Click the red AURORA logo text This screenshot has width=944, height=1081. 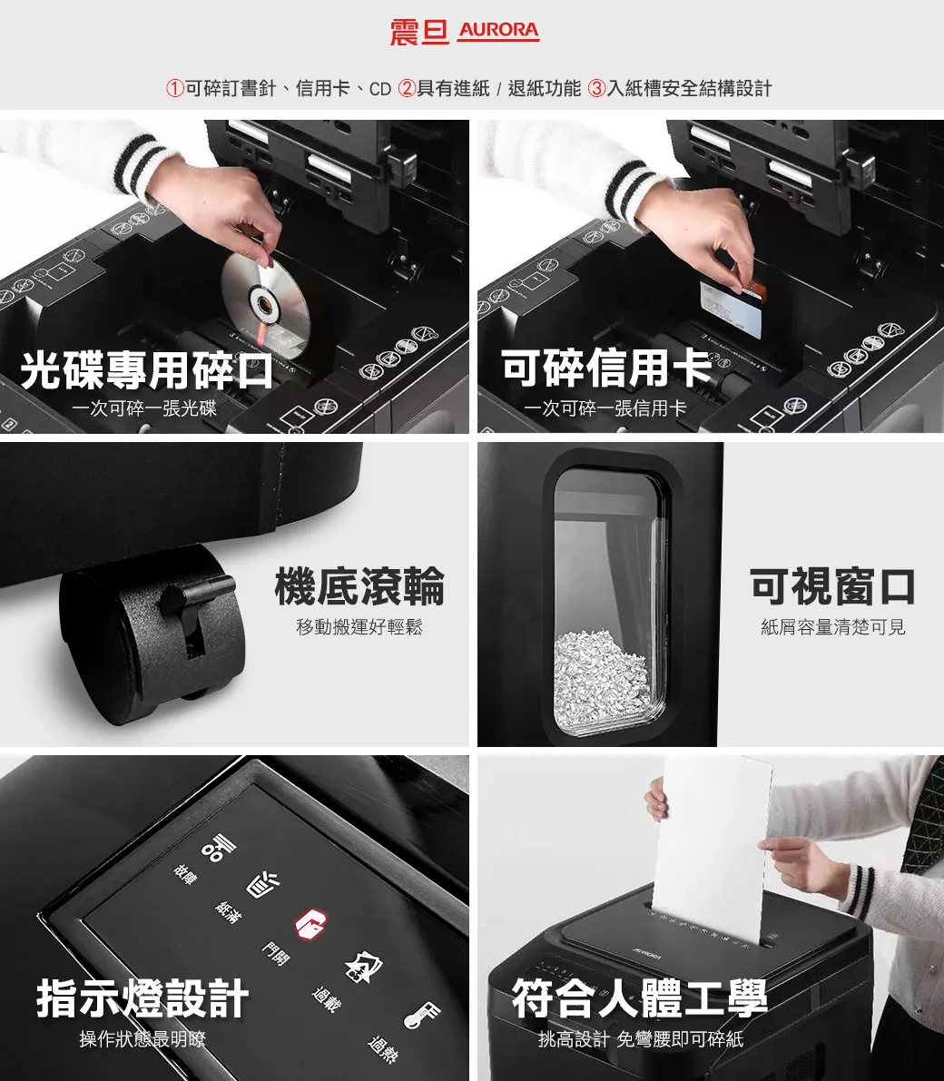point(498,31)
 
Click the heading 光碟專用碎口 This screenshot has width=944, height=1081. point(147,369)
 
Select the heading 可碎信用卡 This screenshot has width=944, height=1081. point(606,367)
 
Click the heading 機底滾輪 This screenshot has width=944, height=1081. point(359,586)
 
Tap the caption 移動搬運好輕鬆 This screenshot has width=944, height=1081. point(359,627)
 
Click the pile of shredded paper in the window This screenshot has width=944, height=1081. point(604,676)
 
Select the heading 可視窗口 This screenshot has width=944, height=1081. point(832,586)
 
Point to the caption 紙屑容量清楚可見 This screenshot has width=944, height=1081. point(832,627)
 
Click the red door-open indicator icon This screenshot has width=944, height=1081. point(306,922)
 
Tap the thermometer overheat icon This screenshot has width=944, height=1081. point(422,1015)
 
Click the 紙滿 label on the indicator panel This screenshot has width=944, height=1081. point(228,912)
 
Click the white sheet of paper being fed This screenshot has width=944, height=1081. point(713,844)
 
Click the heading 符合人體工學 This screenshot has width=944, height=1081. point(639,998)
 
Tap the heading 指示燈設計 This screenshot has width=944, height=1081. point(143,998)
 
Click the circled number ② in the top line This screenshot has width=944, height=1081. point(408,88)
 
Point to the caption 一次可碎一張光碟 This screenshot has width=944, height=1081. point(144,408)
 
